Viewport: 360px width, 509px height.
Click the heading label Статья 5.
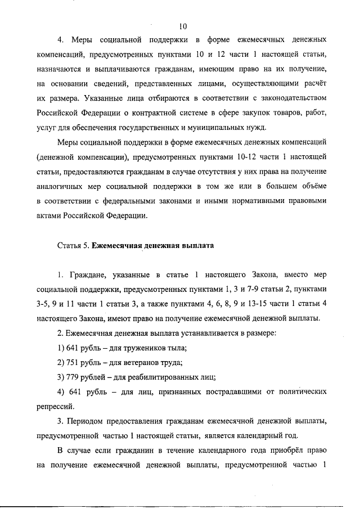[x=73, y=245]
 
